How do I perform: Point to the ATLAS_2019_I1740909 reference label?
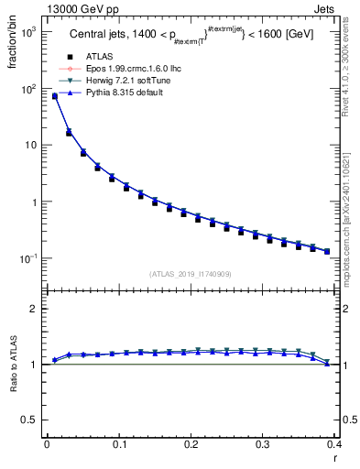[190, 273]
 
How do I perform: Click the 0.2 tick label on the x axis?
[191, 444]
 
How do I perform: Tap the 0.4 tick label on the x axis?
[335, 444]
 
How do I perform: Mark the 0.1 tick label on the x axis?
[118, 444]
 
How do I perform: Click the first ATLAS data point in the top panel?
[54, 96]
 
